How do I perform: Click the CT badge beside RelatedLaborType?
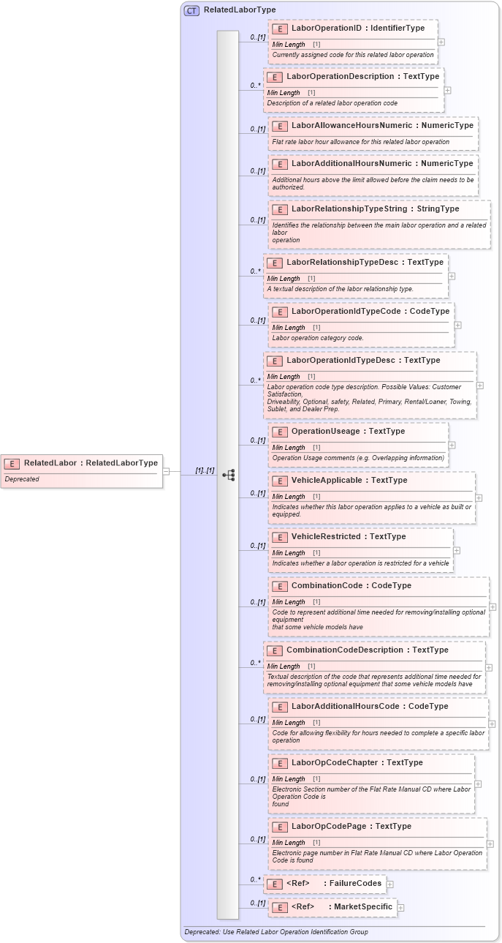[191, 10]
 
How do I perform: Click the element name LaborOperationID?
[325, 29]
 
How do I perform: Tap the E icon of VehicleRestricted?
[279, 537]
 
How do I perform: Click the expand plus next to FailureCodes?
[390, 884]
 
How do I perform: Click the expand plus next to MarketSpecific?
[400, 907]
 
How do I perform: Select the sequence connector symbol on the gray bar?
[229, 475]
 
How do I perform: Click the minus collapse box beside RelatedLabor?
[166, 471]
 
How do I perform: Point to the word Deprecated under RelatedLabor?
[22, 479]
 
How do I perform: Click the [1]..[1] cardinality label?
[205, 470]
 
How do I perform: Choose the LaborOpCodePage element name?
[330, 827]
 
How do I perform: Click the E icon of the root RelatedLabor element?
[12, 463]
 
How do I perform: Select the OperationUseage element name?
[326, 432]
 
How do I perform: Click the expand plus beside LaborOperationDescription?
[447, 91]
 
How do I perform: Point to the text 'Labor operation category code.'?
[318, 338]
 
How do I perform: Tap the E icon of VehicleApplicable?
[279, 481]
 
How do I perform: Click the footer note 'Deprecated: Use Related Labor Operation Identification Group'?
[275, 932]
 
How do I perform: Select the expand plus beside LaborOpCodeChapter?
[478, 784]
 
